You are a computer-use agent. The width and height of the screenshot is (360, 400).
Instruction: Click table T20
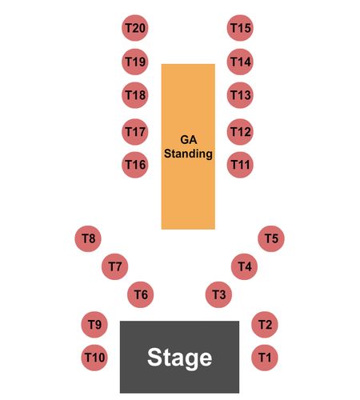click(135, 28)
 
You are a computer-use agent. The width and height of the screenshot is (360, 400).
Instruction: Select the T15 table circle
click(240, 28)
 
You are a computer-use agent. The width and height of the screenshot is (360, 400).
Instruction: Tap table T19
click(135, 62)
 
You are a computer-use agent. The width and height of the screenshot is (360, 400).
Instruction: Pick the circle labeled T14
click(240, 62)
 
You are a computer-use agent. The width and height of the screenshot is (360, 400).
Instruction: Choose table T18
click(135, 95)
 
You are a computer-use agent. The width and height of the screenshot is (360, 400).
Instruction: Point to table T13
click(240, 95)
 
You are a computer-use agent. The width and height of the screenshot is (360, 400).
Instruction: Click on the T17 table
click(135, 132)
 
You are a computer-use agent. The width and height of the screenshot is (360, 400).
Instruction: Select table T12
click(240, 132)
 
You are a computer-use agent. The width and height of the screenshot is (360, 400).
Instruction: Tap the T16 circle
click(135, 165)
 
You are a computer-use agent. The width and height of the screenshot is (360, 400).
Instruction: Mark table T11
click(240, 165)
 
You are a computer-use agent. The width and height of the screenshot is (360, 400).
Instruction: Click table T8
click(88, 238)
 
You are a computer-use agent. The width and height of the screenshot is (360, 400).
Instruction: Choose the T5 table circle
click(271, 238)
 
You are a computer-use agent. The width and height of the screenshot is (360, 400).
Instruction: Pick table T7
click(115, 266)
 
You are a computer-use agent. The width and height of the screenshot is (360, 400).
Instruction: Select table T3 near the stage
click(218, 294)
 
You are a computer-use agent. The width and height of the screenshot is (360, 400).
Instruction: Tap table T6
click(141, 294)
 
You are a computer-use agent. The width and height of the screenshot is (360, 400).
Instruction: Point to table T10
click(94, 358)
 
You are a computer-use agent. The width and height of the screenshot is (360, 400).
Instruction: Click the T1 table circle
click(265, 358)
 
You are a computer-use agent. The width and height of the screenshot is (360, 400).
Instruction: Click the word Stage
click(179, 358)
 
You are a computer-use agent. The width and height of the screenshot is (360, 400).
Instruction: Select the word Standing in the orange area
click(188, 154)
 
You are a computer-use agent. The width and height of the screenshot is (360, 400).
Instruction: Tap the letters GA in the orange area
click(189, 139)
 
